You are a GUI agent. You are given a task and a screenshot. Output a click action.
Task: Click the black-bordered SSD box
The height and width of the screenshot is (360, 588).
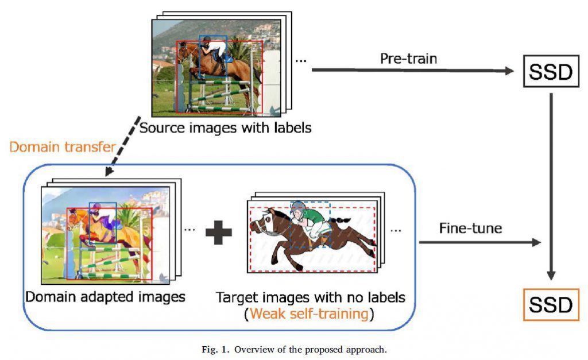click(x=551, y=71)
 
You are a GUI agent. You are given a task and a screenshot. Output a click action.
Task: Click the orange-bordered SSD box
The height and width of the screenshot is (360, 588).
click(x=551, y=304)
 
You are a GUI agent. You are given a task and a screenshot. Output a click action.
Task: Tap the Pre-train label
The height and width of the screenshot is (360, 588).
click(x=408, y=59)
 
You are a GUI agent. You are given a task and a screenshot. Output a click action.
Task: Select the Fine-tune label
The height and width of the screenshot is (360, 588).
click(x=471, y=228)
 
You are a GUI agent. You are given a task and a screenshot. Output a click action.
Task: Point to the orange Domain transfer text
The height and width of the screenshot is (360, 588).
click(x=62, y=146)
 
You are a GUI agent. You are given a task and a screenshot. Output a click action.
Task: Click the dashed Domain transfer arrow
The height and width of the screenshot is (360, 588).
click(x=122, y=146)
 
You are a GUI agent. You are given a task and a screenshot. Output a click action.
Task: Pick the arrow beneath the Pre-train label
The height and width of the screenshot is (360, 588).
click(x=412, y=70)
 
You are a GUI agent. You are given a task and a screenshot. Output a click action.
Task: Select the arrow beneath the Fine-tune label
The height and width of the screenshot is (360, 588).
click(x=479, y=242)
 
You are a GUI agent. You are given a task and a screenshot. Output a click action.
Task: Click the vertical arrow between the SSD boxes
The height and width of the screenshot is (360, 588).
click(x=551, y=187)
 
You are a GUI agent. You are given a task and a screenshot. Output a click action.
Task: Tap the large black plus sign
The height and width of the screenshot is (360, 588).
click(x=219, y=232)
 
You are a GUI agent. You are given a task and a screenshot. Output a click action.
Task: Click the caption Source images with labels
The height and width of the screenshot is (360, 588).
click(x=225, y=128)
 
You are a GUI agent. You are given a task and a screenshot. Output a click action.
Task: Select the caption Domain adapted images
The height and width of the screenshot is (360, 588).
click(x=106, y=297)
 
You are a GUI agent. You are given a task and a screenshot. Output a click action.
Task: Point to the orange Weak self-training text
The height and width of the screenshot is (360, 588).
click(x=309, y=313)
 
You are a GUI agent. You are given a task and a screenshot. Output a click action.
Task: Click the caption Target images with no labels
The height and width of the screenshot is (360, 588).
click(x=310, y=297)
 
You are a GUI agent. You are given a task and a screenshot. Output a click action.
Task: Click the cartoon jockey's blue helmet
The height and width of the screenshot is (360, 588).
click(x=298, y=206)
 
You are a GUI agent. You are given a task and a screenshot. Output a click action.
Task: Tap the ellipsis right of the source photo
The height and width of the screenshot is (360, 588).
click(x=301, y=60)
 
